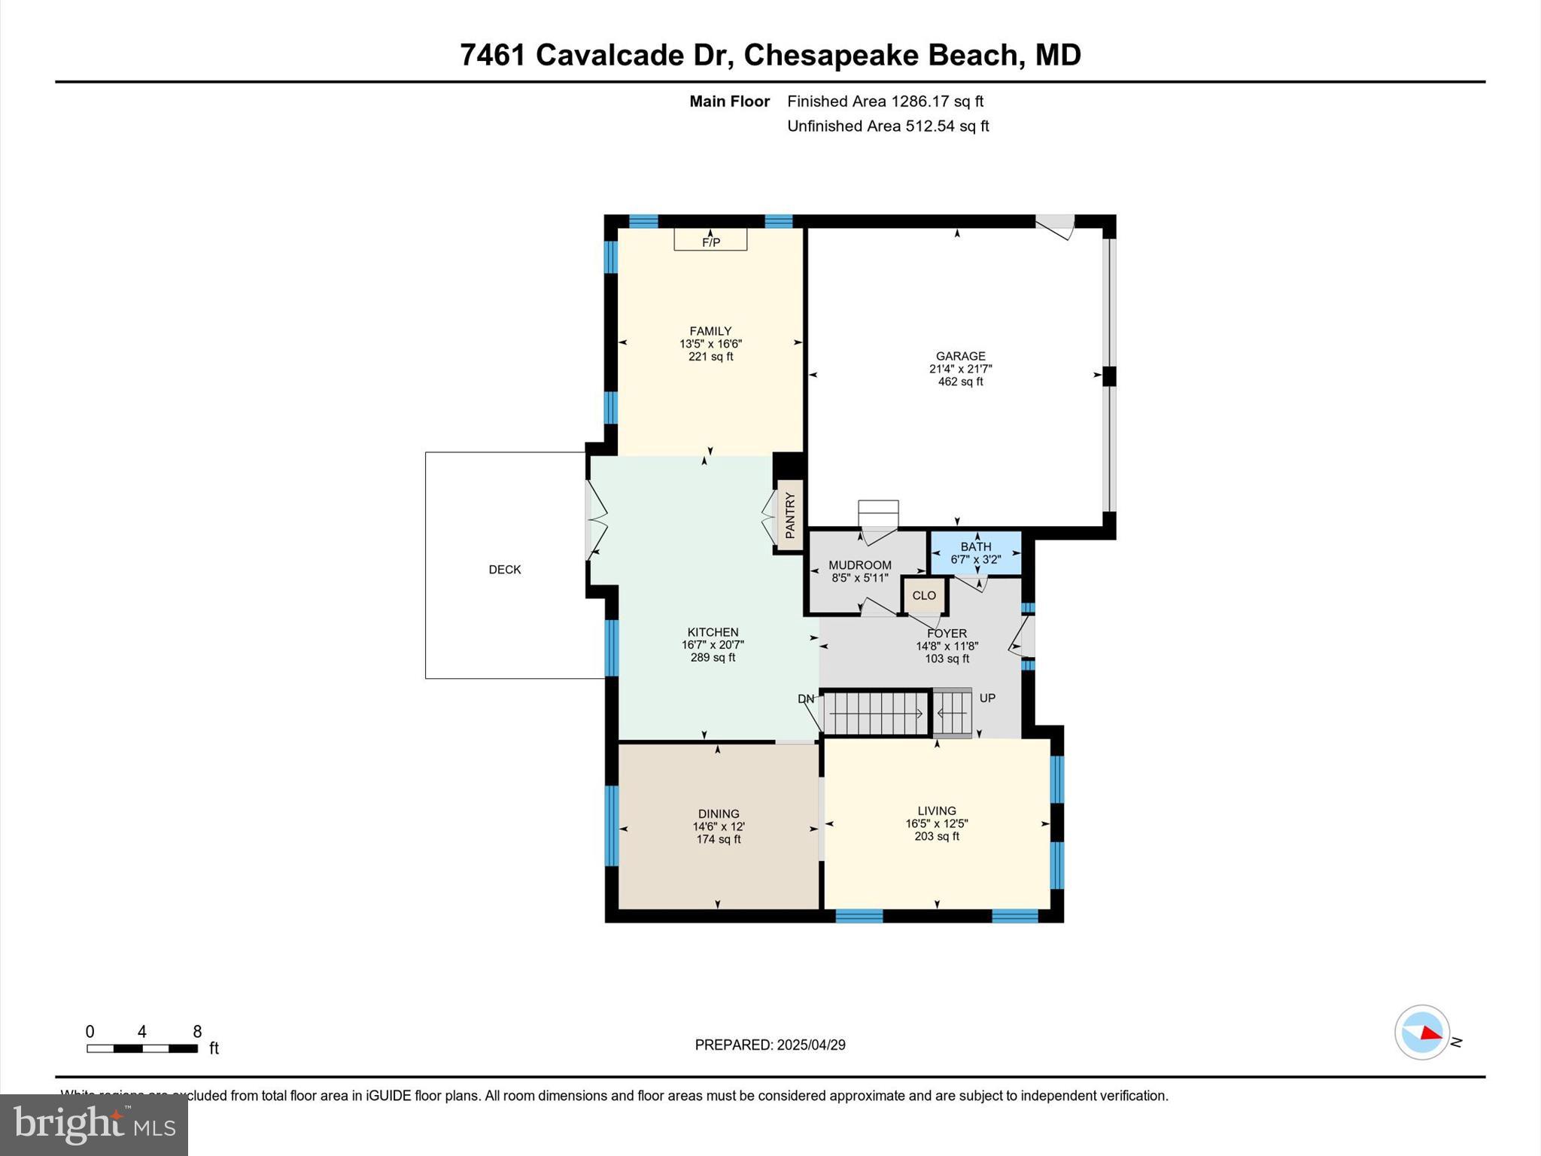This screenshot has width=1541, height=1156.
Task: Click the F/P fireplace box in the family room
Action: pos(710,239)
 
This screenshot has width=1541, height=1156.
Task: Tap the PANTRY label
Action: pos(790,516)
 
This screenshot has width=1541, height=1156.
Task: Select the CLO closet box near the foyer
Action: pos(924,595)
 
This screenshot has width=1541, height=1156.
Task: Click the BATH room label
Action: pos(976,546)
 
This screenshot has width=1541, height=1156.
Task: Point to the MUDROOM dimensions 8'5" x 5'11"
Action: pos(860,578)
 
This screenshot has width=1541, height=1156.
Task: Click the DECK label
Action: pos(505,570)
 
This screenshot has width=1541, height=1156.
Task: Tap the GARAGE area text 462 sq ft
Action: pos(960,382)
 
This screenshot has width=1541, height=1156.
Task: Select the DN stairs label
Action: pos(806,698)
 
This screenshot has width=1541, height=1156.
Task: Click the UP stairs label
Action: pos(987,698)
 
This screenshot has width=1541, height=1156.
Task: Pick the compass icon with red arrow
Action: pos(1422,1033)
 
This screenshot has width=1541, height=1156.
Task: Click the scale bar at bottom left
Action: pos(142,1048)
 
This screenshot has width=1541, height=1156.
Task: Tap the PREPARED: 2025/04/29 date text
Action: pos(770,1045)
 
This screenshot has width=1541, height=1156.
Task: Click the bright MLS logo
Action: pos(94,1124)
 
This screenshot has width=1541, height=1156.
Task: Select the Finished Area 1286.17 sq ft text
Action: pos(885,101)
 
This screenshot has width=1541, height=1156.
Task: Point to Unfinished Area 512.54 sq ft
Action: pos(888,126)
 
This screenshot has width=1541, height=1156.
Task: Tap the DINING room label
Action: pos(719,814)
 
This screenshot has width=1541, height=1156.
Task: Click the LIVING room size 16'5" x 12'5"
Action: pos(937,823)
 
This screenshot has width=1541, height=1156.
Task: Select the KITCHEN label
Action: pos(713,632)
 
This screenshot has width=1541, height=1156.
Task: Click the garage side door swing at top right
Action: pos(1055,227)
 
